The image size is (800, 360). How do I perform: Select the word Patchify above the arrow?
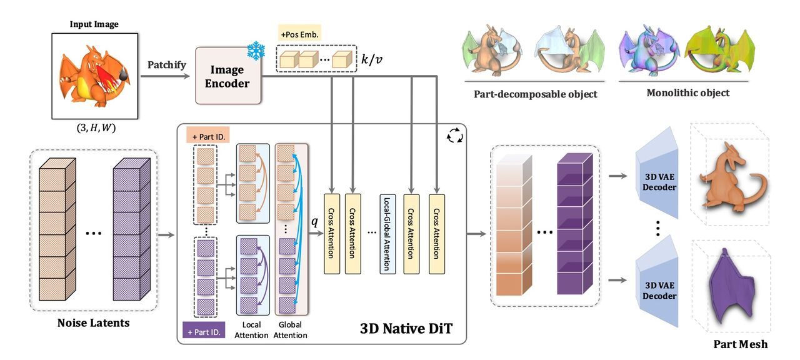[x=167, y=64]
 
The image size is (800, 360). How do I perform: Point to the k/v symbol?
[x=373, y=60]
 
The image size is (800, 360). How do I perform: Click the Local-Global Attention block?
[x=387, y=234]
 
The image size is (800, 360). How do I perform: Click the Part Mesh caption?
[x=741, y=344]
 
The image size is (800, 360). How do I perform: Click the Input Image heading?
[x=94, y=25]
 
